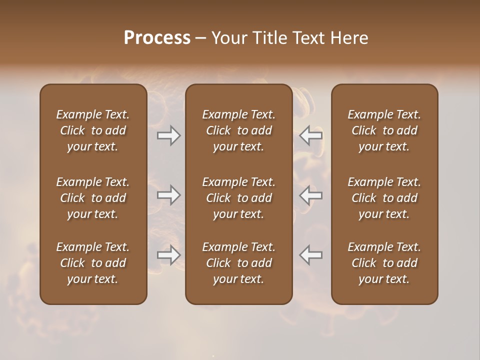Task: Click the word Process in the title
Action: (157, 38)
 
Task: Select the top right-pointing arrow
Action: (168, 135)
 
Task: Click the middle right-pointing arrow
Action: (168, 195)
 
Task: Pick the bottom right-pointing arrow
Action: (168, 255)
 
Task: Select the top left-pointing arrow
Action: (310, 135)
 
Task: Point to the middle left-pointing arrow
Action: (310, 195)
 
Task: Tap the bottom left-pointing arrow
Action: (310, 255)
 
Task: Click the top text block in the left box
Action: (93, 130)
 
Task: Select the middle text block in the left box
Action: (93, 198)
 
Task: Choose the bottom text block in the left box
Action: (93, 263)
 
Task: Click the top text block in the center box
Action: (238, 130)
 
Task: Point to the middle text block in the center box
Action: (238, 198)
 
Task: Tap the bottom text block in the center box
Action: (238, 263)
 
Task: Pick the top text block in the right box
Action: (384, 130)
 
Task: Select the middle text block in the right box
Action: (384, 198)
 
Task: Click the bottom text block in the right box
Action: (384, 263)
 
